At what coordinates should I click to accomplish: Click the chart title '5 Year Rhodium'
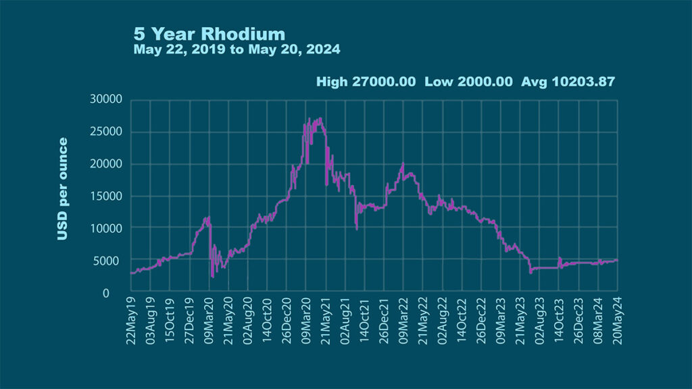[x=209, y=34]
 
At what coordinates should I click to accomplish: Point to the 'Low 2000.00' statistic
[x=468, y=82]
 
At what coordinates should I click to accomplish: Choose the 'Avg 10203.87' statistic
[x=568, y=82]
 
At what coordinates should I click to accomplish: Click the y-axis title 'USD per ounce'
[x=62, y=189]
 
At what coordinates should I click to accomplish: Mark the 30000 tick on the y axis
[x=105, y=99]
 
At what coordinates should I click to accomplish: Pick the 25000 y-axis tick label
[x=105, y=132]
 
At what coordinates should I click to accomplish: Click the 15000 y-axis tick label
[x=105, y=197]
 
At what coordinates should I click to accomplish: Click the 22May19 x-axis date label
[x=131, y=321]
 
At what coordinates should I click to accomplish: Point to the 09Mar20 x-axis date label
[x=209, y=321]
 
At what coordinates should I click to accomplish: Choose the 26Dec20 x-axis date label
[x=287, y=321]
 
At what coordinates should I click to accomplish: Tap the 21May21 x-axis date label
[x=326, y=321]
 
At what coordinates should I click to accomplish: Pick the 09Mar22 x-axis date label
[x=403, y=321]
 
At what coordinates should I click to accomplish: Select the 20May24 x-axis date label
[x=618, y=321]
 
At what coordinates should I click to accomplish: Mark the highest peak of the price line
[x=320, y=119]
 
